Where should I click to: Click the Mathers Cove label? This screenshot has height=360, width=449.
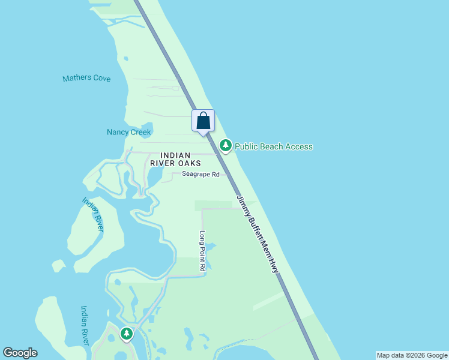(x=86, y=79)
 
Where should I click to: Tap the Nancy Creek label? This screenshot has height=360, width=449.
(x=129, y=132)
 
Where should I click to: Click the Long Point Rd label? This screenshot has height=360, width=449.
(x=202, y=253)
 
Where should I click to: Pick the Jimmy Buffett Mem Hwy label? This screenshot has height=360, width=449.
(x=258, y=235)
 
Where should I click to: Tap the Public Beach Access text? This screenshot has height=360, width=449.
(x=273, y=146)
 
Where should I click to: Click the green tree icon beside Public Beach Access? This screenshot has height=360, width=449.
(x=226, y=145)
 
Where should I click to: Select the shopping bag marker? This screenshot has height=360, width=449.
(x=203, y=121)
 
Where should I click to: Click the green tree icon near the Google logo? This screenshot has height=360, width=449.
(x=126, y=334)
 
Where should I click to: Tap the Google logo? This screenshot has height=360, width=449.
(x=20, y=353)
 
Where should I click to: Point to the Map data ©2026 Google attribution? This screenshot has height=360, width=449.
(x=412, y=355)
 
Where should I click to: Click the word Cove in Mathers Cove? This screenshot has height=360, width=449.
(x=100, y=79)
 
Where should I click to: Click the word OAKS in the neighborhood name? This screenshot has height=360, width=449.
(x=188, y=163)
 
